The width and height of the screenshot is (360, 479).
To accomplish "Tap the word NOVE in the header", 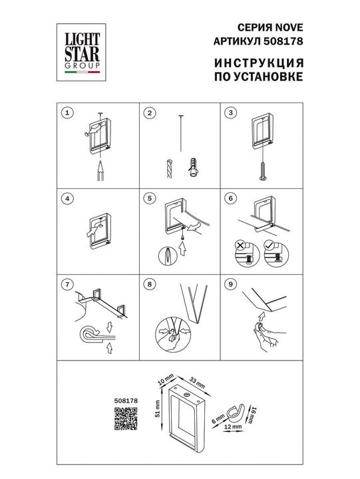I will (289, 27).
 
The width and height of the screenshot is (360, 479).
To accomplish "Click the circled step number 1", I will (65, 114).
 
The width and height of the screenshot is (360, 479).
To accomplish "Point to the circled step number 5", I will (150, 198).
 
